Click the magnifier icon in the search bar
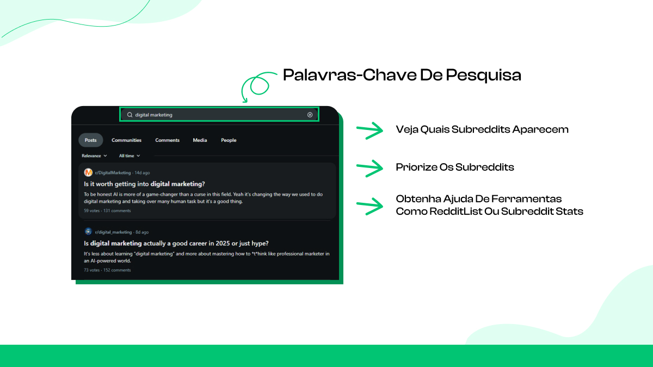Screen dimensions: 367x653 (130, 115)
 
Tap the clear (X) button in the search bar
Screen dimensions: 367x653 (310, 115)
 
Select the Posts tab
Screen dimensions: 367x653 (91, 140)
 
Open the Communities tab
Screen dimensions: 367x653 (126, 140)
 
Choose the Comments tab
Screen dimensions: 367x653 (167, 140)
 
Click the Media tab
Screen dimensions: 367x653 (200, 140)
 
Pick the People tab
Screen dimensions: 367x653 (229, 140)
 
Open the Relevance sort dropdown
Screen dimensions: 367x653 (94, 156)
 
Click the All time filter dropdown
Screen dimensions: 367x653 (130, 156)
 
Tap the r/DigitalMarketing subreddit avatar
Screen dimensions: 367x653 (88, 172)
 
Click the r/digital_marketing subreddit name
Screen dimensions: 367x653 (114, 232)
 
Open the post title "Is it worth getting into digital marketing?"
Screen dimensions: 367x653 (145, 184)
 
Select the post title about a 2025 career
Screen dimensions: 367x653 (176, 243)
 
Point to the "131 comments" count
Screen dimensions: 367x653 (118, 210)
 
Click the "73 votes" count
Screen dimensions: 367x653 (91, 270)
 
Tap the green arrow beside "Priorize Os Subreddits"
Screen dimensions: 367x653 (370, 168)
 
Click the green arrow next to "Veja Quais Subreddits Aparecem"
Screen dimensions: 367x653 (370, 130)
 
